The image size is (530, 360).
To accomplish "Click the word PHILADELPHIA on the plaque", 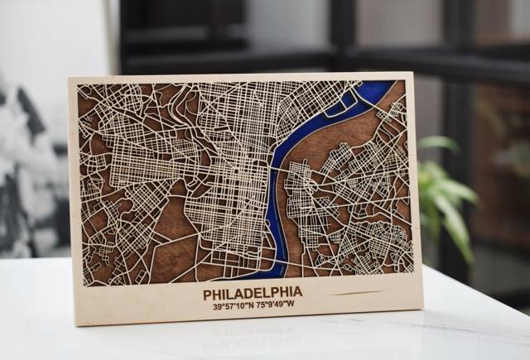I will [x=252, y=292].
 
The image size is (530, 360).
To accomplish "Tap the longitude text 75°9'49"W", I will [x=274, y=305].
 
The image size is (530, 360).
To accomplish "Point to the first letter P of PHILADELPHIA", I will [x=207, y=293].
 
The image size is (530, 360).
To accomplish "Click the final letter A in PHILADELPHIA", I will [x=297, y=291].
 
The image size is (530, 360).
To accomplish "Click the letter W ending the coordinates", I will [x=291, y=304].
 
